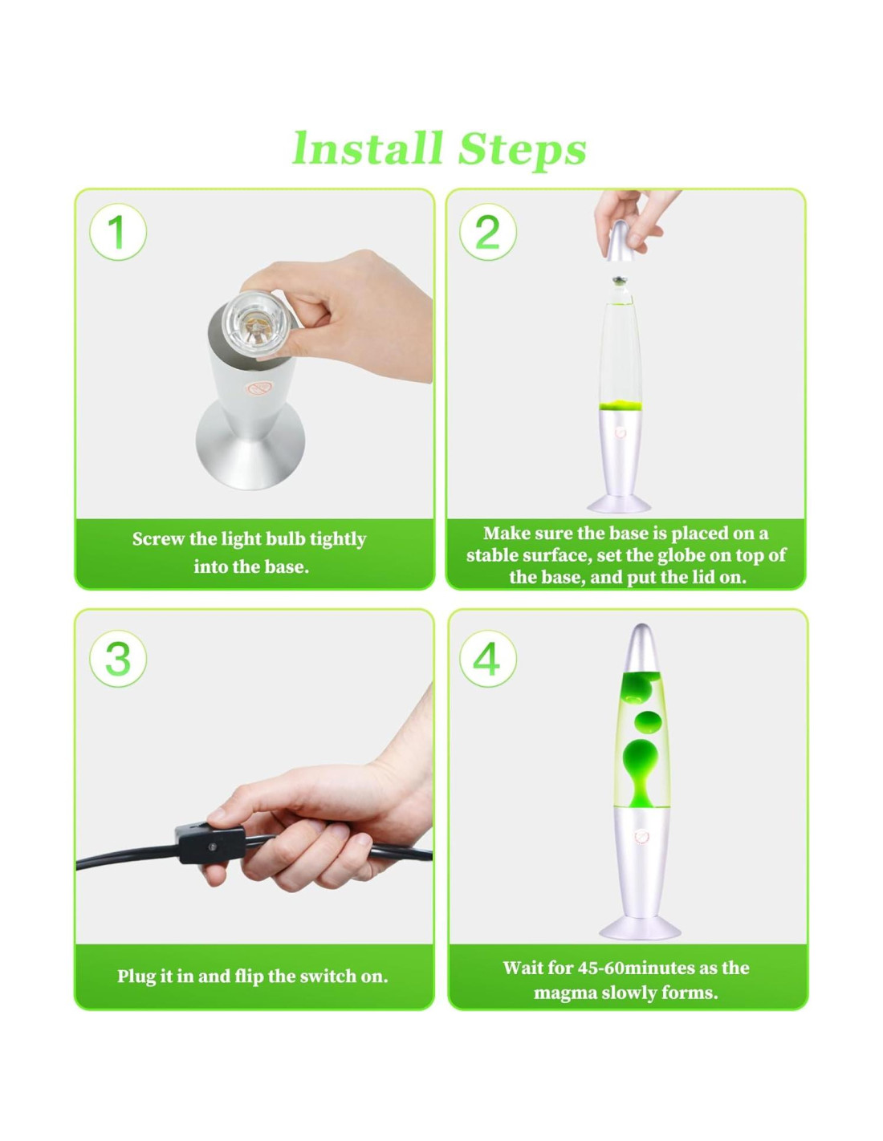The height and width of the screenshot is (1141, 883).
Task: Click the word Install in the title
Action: pos(367,148)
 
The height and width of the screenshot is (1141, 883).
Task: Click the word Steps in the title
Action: pos(522,150)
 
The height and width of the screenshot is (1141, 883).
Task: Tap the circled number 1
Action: pos(118,232)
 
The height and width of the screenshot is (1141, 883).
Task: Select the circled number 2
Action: pos(488,232)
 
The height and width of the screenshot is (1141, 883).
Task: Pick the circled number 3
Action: pos(118,659)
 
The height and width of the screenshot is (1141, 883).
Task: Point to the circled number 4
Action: pos(488,659)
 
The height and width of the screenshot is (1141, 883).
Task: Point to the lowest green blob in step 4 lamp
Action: pos(641,769)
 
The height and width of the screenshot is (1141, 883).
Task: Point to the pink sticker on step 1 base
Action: pos(259,389)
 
